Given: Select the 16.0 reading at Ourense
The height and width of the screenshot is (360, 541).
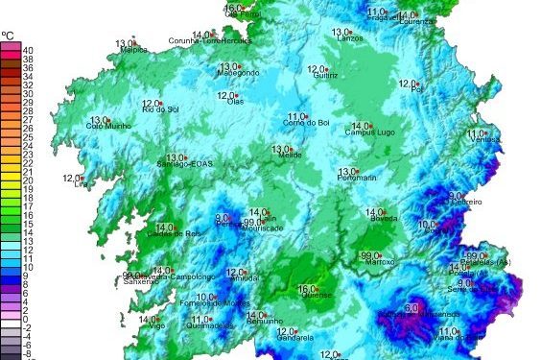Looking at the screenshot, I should pos(307,288).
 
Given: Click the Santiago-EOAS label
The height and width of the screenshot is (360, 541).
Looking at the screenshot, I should pos(181,166).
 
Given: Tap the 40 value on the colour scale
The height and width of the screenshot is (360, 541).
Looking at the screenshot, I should pos(28,49).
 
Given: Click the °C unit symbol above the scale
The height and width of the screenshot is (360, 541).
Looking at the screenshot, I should pos(8,35).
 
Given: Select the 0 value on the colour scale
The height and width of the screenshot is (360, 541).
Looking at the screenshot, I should pos(28,318).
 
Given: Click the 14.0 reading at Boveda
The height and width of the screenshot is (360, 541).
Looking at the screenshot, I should pos(375,212).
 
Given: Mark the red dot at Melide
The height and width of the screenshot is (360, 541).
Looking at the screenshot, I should pos(294,149).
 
